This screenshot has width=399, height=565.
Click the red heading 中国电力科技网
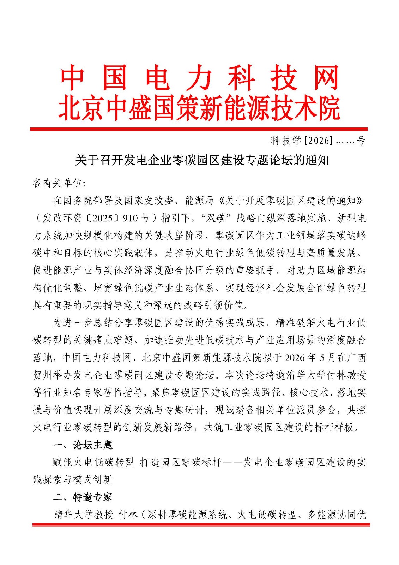(199, 78)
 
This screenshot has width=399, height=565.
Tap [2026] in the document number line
(318, 141)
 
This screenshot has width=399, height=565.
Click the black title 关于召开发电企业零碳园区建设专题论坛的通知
(202, 160)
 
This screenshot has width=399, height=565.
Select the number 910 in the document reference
(131, 218)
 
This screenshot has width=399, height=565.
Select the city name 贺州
(42, 375)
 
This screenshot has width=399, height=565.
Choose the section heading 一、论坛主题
(83, 445)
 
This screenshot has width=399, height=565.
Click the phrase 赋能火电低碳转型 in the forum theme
(93, 462)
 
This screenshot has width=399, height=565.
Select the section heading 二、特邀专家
(83, 497)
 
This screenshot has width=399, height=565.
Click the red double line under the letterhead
(199, 130)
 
